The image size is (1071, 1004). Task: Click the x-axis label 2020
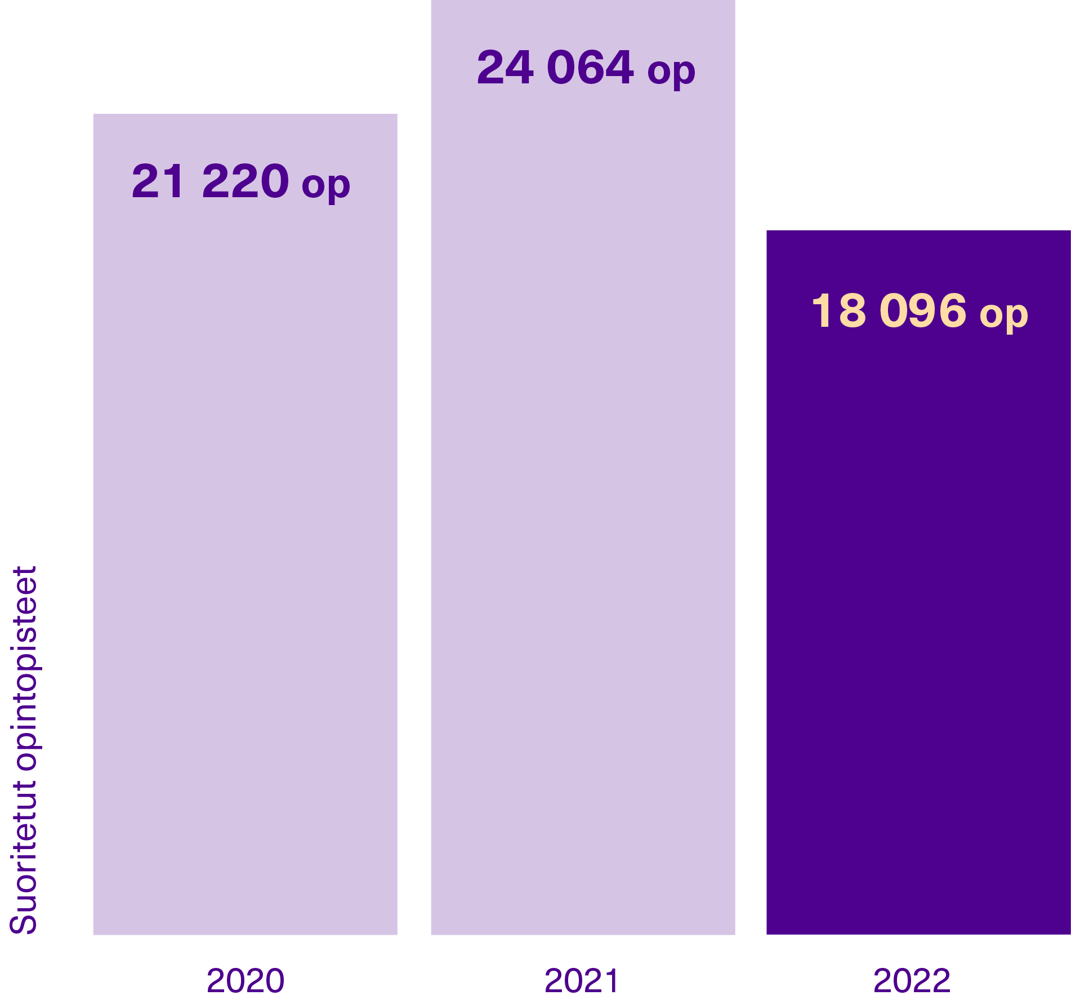[246, 980]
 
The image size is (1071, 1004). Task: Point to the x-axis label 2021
[582, 980]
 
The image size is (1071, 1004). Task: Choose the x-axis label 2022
[912, 980]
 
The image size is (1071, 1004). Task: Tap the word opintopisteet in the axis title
[24, 668]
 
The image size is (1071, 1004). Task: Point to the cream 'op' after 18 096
[1003, 314]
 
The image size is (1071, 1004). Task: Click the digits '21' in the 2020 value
[158, 181]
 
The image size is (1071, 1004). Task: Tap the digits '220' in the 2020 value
[246, 181]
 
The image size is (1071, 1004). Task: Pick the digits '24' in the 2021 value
[505, 68]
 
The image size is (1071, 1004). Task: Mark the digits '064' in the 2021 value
[590, 68]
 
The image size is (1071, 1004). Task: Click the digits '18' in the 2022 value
[838, 311]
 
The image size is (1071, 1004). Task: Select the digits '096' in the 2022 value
[923, 311]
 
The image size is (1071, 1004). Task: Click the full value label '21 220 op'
[241, 182]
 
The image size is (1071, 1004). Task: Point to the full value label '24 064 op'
[586, 68]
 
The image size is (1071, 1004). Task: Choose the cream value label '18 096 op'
[920, 312]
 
